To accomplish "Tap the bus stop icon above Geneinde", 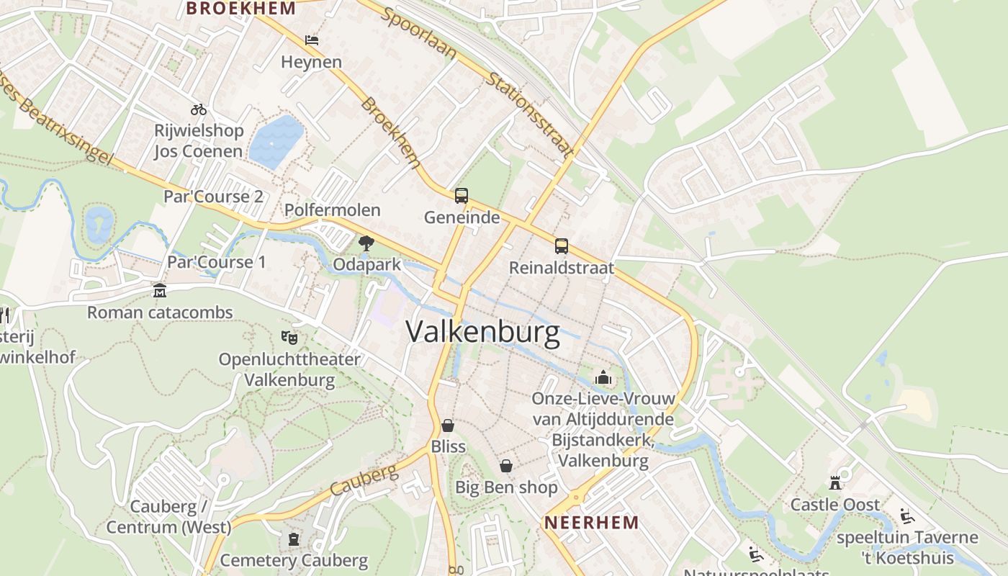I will tap(461, 196).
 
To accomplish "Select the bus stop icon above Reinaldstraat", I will tap(561, 246).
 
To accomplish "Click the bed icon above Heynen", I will tap(312, 40).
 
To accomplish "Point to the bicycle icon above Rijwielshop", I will tap(199, 109).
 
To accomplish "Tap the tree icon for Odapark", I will tap(366, 243).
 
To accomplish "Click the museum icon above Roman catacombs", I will tap(160, 291).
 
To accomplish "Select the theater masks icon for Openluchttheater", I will tap(289, 337).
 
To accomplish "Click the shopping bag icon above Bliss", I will tap(448, 426).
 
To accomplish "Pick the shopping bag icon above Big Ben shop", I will tap(506, 466).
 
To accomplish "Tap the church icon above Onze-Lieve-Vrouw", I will tap(603, 377).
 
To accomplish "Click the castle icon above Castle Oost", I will tap(835, 482).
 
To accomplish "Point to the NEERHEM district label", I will tap(591, 523).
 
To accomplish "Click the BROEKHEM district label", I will tap(240, 9).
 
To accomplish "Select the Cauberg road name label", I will tap(364, 480).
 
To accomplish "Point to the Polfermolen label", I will tap(333, 210).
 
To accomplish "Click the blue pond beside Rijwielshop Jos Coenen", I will tap(276, 141).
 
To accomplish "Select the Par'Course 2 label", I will tap(213, 197).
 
